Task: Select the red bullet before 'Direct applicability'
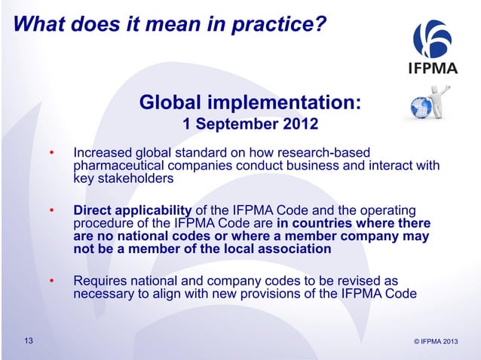52,212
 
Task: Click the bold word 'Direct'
93,209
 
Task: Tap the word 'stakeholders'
136,179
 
